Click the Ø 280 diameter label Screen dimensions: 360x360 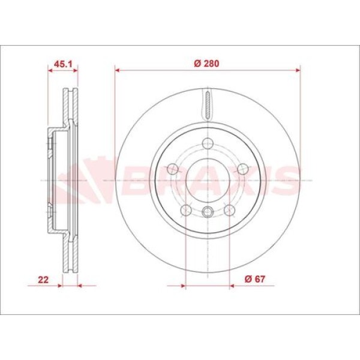(x=206, y=64)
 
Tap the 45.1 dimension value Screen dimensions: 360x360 (x=62, y=64)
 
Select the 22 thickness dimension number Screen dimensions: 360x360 (x=43, y=280)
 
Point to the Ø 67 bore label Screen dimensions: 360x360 (x=255, y=279)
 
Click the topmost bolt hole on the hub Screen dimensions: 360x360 (x=208, y=143)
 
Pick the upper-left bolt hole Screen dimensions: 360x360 (x=173, y=169)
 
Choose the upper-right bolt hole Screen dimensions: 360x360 (x=242, y=169)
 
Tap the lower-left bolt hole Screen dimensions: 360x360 (x=186, y=211)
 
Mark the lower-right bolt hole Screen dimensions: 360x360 (x=229, y=211)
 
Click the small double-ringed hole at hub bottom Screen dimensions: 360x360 (x=208, y=212)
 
